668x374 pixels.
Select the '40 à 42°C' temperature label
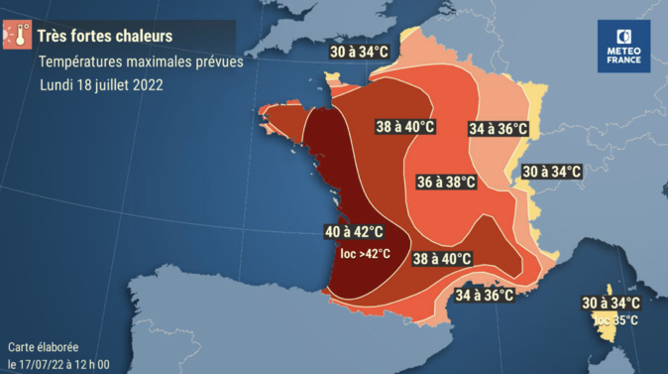(x=354, y=232)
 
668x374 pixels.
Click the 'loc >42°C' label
(x=365, y=254)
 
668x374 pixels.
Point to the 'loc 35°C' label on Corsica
(x=616, y=321)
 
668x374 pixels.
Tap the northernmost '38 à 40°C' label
(x=406, y=127)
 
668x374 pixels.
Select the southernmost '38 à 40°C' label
(x=442, y=259)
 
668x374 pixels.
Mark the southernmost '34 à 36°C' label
(x=485, y=295)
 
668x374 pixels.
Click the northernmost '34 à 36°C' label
(x=498, y=129)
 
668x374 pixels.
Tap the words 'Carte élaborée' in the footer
(x=42, y=347)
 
